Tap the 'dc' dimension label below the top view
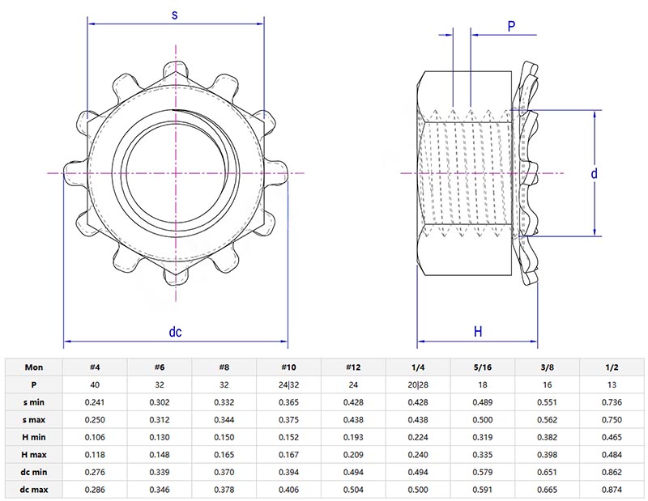[x=175, y=332]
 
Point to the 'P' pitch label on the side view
[x=511, y=26]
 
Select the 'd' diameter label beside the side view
[x=594, y=173]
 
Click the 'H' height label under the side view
[x=477, y=332]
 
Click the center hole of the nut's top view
[x=175, y=173]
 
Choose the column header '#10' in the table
[x=288, y=366]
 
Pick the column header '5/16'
[x=483, y=366]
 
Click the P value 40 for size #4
[x=95, y=384]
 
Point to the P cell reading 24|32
[x=288, y=384]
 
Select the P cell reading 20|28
[x=418, y=384]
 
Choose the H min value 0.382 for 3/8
[x=548, y=437]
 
